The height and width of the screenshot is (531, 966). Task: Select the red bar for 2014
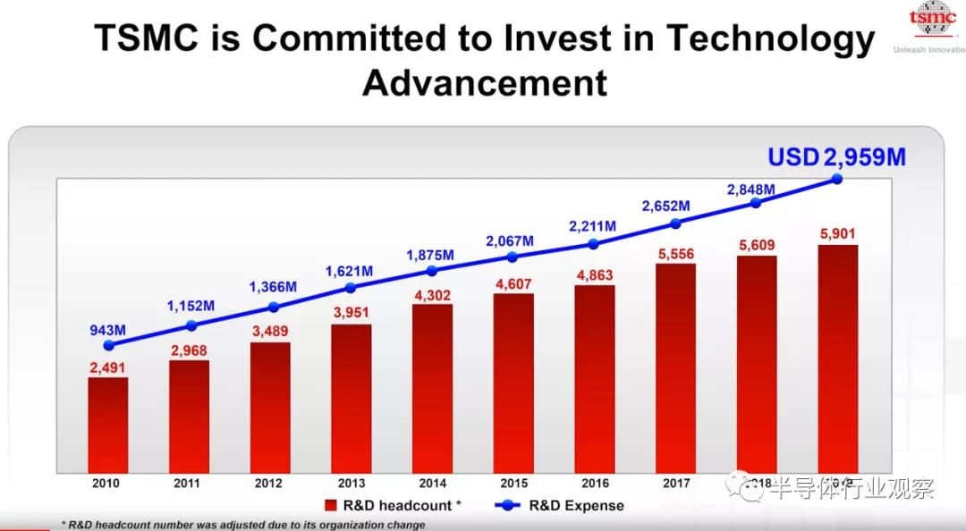(x=432, y=388)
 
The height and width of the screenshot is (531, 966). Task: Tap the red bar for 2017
(x=675, y=367)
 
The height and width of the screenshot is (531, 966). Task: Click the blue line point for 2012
(x=273, y=308)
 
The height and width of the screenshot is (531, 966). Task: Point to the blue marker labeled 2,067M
(x=513, y=257)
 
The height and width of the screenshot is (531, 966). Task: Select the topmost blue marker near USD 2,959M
(x=837, y=179)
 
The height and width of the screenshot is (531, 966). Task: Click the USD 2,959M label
(x=836, y=157)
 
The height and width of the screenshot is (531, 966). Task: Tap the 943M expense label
(x=108, y=329)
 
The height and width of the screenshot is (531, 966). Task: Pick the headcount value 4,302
(x=432, y=293)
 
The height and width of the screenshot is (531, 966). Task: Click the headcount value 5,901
(x=838, y=234)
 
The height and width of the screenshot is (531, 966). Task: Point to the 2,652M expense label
(x=665, y=206)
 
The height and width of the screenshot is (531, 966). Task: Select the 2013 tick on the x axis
(x=351, y=484)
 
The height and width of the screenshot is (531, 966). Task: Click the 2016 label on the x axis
(x=594, y=484)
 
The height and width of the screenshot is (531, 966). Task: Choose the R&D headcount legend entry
(x=393, y=505)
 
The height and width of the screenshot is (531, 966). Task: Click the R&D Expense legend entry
(x=559, y=505)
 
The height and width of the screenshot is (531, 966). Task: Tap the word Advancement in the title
(x=484, y=82)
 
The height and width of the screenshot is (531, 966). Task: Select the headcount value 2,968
(x=189, y=350)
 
